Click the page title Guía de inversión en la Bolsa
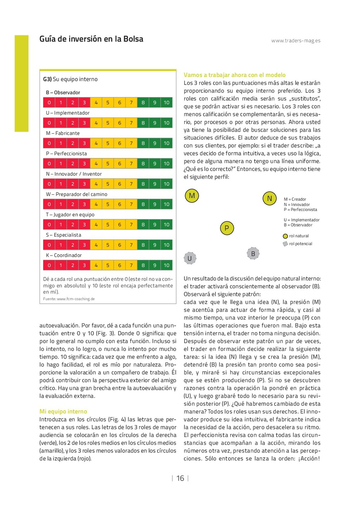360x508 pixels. [x=91, y=39]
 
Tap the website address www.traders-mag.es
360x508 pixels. [x=296, y=41]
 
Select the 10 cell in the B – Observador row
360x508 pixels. [x=166, y=103]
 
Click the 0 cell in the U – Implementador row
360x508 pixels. [x=49, y=123]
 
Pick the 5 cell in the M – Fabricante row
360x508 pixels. [x=108, y=143]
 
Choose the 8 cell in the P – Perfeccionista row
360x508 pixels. [x=143, y=164]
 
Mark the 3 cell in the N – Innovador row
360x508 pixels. [x=84, y=184]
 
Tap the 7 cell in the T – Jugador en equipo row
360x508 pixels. [x=131, y=225]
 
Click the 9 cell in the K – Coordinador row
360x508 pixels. [x=155, y=265]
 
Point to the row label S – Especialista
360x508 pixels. [x=64, y=235]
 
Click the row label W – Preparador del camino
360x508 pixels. [x=77, y=194]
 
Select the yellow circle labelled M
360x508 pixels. [x=192, y=196]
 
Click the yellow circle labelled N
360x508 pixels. [x=270, y=198]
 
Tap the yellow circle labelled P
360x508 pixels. [x=227, y=228]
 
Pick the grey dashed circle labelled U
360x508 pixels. [x=190, y=258]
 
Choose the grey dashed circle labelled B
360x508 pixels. [x=253, y=253]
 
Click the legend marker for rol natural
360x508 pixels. [x=285, y=236]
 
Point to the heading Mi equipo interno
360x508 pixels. [x=63, y=412]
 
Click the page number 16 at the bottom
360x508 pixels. [x=180, y=478]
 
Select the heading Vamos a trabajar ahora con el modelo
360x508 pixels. [x=234, y=75]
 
